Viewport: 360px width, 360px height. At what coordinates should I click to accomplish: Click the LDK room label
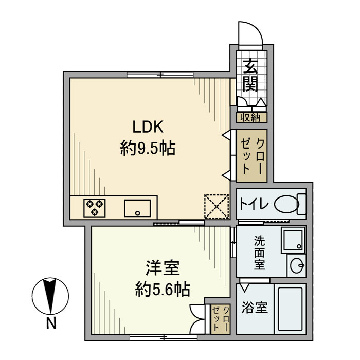point(148,127)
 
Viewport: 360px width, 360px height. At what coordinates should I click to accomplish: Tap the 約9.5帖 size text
point(148,149)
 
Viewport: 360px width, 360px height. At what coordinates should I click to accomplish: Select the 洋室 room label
point(161,268)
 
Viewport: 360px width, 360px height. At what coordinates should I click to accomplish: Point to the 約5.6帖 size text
point(161,290)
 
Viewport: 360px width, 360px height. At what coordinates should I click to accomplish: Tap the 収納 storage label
point(251,117)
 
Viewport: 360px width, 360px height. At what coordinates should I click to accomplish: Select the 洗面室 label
point(260,253)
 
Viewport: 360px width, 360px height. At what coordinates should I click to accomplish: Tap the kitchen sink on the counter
point(138,208)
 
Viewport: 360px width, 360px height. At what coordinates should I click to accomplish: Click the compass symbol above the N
point(50,297)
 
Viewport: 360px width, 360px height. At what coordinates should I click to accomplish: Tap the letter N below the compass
point(50,325)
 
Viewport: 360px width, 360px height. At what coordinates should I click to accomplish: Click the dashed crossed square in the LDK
point(215,207)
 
